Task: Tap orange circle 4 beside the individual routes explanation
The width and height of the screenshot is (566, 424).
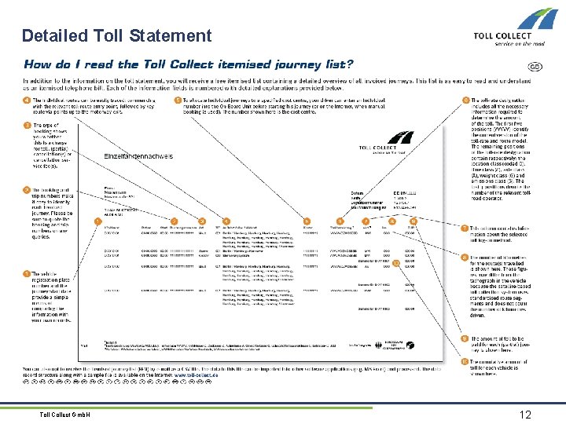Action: click(28, 101)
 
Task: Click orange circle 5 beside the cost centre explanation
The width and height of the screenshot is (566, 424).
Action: click(178, 101)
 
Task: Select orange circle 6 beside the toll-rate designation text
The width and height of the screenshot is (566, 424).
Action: click(465, 101)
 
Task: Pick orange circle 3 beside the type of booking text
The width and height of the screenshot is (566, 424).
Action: click(28, 125)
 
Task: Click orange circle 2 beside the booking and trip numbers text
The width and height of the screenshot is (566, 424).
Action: click(28, 190)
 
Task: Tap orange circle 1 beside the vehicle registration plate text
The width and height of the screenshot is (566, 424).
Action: click(28, 272)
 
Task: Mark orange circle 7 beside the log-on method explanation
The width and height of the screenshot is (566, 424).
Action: click(465, 228)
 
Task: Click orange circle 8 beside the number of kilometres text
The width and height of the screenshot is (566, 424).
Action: click(465, 258)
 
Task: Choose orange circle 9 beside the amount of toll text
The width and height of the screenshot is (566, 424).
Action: click(465, 338)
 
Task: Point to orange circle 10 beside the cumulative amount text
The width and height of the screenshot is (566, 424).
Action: click(465, 362)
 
